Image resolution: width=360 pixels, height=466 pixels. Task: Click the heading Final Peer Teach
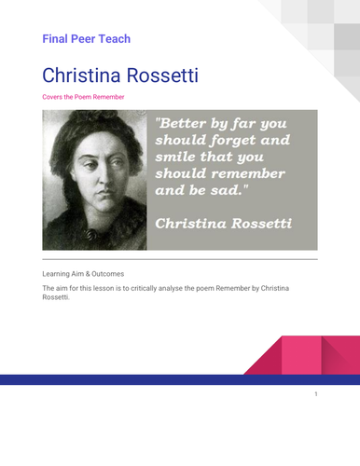pos(87,39)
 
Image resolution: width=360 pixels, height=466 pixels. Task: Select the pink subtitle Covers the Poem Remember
pos(84,97)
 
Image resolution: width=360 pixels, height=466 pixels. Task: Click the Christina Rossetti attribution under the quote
pos(223,225)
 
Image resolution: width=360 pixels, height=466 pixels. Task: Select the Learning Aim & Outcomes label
pos(83,274)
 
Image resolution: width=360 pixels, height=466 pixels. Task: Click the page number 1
pos(316,394)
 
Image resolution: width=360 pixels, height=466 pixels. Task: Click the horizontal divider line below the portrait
pos(180,259)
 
